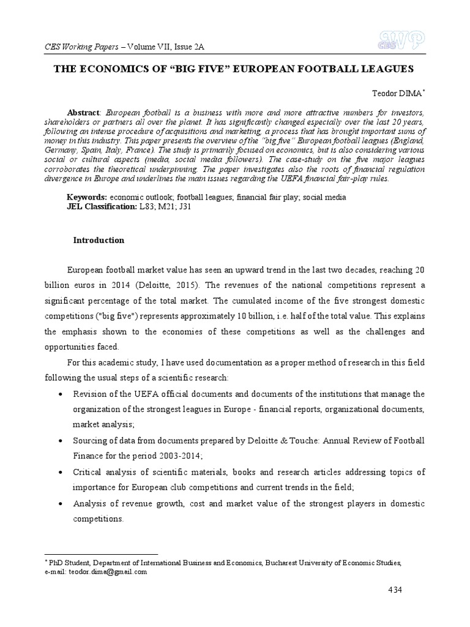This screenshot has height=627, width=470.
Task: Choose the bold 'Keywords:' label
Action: pos(86,198)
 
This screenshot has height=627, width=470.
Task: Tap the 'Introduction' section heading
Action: pos(99,241)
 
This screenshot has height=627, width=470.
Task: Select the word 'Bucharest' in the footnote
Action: pos(296,563)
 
